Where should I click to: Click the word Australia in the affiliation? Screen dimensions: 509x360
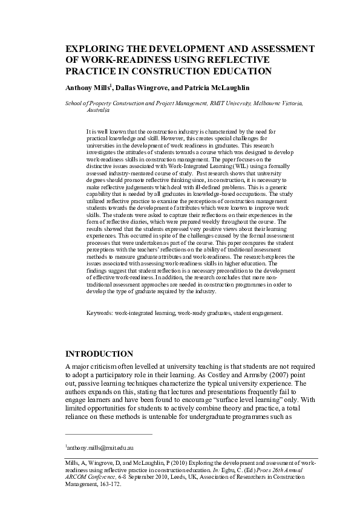pyautogui.click(x=99, y=111)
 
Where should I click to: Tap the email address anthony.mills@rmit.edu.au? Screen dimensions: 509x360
pyautogui.click(x=100, y=447)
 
